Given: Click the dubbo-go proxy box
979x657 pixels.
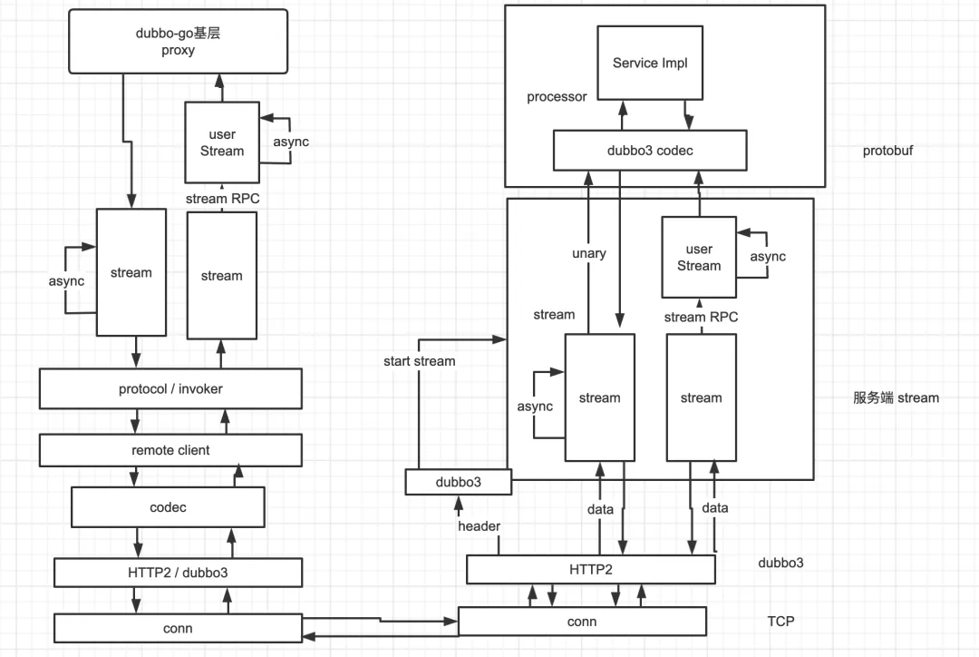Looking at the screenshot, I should tap(178, 42).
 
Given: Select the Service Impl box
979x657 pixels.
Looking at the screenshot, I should tap(649, 63).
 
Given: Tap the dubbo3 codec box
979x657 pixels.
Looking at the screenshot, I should tap(650, 151).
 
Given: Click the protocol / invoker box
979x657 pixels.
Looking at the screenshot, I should tap(170, 388).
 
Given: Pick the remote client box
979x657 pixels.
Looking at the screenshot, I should tap(170, 450).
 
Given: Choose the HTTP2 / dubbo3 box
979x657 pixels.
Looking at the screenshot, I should tap(178, 573).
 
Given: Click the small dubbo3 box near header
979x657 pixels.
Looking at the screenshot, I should tap(458, 482).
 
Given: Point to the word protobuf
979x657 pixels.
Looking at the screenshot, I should tap(887, 151).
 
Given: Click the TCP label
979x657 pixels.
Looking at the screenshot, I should tap(781, 622).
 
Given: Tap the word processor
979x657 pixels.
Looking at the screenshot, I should tap(557, 97).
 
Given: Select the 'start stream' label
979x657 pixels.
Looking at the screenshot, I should tap(419, 361).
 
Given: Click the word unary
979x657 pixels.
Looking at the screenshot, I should tap(588, 254).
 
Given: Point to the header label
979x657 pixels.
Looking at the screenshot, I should tap(479, 526).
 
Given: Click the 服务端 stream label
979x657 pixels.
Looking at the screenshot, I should tap(896, 397).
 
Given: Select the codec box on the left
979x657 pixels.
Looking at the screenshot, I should tap(168, 507).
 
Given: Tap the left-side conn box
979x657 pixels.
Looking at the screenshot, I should tap(178, 628).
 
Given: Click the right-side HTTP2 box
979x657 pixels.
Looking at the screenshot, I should tap(590, 570).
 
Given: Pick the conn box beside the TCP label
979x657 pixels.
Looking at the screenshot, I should tap(581, 622).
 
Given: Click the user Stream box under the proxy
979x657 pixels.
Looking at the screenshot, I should tap(222, 143).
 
